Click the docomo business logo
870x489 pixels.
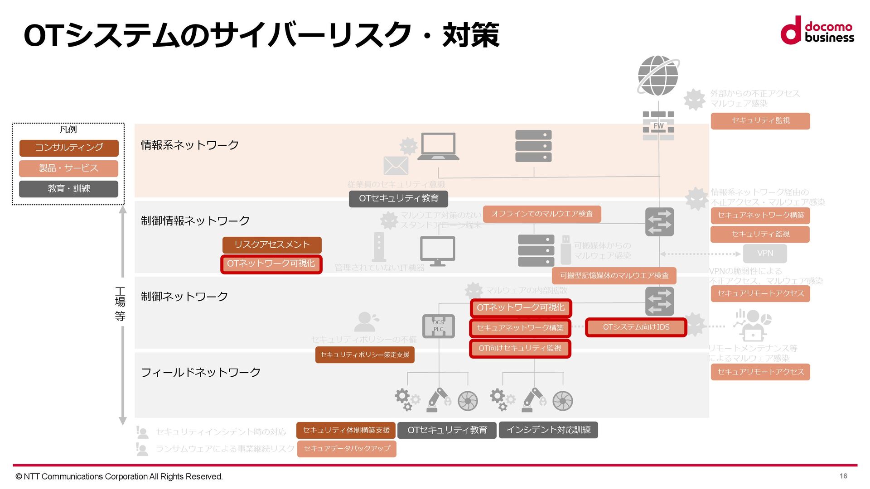(x=817, y=31)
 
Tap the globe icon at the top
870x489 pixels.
(x=658, y=76)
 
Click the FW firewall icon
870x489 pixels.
(x=658, y=125)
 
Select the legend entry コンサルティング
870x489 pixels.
(x=69, y=148)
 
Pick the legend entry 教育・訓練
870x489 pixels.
(x=69, y=189)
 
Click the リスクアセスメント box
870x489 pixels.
(x=272, y=245)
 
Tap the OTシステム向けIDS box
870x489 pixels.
(x=636, y=327)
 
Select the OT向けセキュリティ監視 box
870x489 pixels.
(x=520, y=348)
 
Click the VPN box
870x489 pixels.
(x=765, y=254)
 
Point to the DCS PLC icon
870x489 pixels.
(x=438, y=326)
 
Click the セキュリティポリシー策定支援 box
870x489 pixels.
(x=365, y=355)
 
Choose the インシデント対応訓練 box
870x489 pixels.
(x=548, y=430)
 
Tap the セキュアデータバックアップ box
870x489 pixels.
(x=347, y=449)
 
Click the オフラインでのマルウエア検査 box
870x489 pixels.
(x=542, y=214)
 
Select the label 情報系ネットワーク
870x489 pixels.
(x=190, y=145)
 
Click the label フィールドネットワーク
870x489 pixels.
(x=201, y=373)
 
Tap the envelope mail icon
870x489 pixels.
(x=396, y=166)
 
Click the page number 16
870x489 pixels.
(x=843, y=476)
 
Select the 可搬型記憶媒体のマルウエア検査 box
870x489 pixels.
(x=614, y=276)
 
